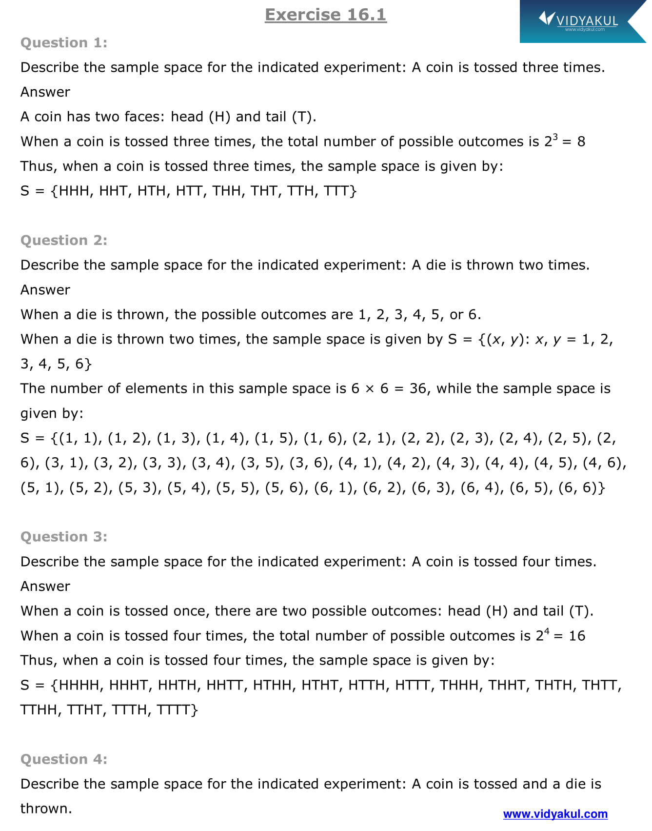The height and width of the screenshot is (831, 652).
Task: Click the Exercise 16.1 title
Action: coord(325,15)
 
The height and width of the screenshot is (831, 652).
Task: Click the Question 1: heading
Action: coord(64,43)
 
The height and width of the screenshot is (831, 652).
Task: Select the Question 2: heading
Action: coord(64,241)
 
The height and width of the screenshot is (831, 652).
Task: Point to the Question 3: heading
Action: coord(64,537)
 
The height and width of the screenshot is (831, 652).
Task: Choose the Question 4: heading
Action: coord(64,759)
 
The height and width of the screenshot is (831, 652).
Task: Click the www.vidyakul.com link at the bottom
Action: coord(555,814)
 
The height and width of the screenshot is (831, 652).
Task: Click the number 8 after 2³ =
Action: coord(581,142)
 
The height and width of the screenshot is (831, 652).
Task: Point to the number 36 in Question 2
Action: coord(418,389)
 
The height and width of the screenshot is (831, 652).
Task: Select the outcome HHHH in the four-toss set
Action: coord(79,685)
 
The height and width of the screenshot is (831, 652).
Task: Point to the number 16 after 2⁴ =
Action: coord(577,636)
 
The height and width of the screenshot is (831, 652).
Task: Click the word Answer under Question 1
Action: coord(45,92)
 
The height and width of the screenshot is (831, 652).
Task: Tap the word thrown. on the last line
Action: coord(46,809)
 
